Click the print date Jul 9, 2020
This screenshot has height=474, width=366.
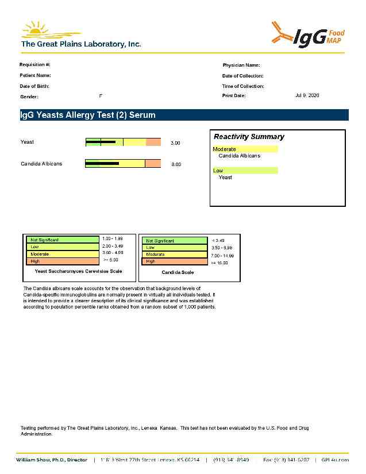(307, 95)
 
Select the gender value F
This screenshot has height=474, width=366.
(101, 95)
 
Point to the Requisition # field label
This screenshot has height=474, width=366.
(35, 64)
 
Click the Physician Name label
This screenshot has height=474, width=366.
(241, 65)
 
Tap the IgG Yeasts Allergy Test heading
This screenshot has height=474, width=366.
(88, 115)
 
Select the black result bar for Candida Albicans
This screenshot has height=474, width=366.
(102, 164)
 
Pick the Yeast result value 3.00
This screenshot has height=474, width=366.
(176, 142)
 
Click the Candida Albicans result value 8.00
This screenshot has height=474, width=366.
(176, 164)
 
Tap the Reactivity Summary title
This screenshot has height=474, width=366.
(249, 137)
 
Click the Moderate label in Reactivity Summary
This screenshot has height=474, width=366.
(225, 149)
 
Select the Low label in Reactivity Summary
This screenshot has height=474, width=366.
(218, 171)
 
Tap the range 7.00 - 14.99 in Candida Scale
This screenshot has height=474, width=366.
(222, 255)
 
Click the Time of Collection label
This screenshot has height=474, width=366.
(243, 86)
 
